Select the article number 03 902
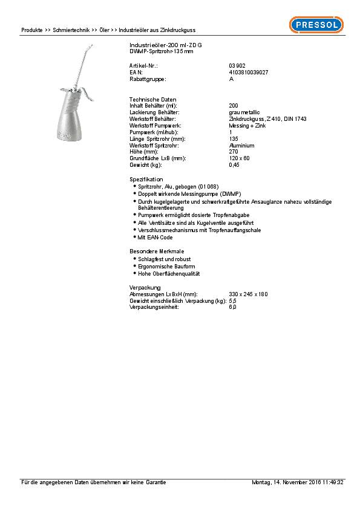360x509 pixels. (x=237, y=65)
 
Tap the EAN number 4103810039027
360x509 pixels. (x=249, y=72)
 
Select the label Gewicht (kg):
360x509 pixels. (x=146, y=165)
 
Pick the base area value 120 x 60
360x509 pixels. (x=240, y=158)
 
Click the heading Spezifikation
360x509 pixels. (x=146, y=180)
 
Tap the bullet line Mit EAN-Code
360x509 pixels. (x=155, y=238)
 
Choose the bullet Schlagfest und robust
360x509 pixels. (x=162, y=259)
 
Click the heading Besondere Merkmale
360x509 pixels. (x=156, y=251)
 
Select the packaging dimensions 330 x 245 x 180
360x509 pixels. (x=248, y=294)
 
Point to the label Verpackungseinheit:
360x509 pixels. (x=154, y=307)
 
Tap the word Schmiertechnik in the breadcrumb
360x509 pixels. (x=71, y=30)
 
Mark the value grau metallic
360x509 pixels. (x=244, y=112)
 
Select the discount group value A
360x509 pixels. (x=231, y=79)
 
